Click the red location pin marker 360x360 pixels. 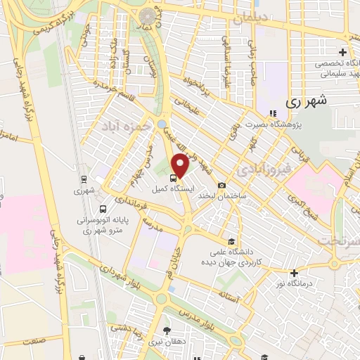point(180,166)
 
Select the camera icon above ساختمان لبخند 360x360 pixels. point(223,186)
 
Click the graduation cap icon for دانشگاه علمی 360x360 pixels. point(233,240)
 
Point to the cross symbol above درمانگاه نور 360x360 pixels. point(294,273)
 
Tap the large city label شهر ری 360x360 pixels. point(308,101)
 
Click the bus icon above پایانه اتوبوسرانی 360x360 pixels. point(103,209)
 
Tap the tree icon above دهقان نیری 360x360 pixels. point(167,330)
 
